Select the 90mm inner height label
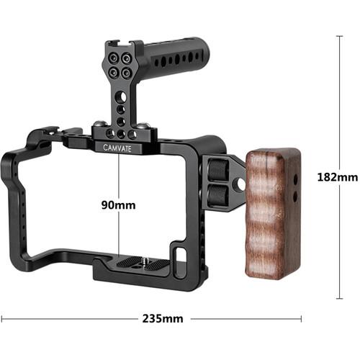(119, 204)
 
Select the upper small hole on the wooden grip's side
(294, 173)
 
